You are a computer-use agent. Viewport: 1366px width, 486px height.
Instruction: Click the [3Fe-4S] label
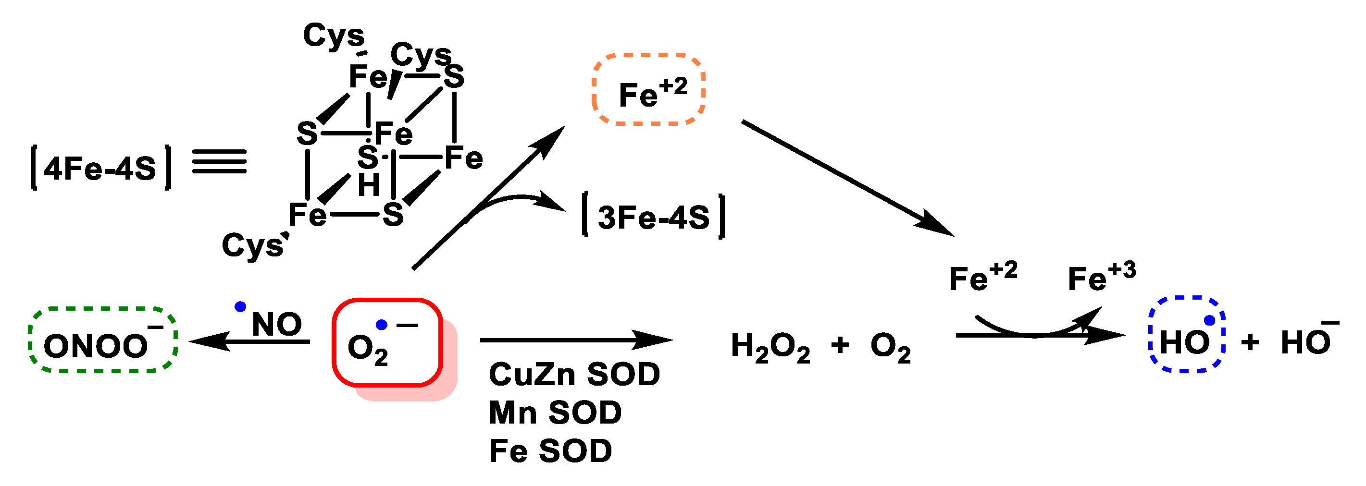click(x=653, y=217)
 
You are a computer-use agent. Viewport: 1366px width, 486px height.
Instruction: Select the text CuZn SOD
click(x=574, y=374)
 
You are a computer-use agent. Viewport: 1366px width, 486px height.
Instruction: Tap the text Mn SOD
click(x=555, y=413)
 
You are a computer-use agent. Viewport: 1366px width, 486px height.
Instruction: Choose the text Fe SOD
click(x=550, y=451)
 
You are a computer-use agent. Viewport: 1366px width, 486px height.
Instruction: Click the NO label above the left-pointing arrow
click(x=276, y=324)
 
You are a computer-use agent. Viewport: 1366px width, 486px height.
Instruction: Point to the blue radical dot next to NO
click(x=240, y=306)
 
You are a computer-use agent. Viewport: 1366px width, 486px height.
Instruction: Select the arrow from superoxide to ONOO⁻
click(x=249, y=341)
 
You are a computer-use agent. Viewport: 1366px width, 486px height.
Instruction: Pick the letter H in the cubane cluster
click(x=369, y=185)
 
